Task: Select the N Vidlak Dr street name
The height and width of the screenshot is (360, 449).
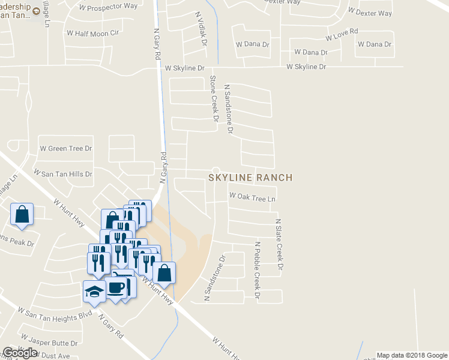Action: pos(201,29)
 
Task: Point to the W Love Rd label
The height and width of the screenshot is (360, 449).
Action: pos(342,34)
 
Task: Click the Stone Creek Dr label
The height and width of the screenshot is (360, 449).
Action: pos(213,98)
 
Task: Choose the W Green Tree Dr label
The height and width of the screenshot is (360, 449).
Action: pos(65,148)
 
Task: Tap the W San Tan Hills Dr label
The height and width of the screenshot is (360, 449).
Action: pos(63,174)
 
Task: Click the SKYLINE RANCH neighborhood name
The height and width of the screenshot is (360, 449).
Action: pos(250,178)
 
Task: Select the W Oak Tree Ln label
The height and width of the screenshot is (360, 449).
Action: pos(252,197)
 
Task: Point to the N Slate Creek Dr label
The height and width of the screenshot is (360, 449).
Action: pos(279,244)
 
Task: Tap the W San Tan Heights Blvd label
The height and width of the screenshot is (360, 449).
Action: pos(55,313)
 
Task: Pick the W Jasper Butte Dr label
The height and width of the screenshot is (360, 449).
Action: pos(49,343)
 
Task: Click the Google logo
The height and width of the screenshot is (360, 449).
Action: pos(20,353)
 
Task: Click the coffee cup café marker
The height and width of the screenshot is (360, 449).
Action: pos(115,287)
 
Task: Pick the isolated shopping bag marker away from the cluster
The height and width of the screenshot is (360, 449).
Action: pos(22,214)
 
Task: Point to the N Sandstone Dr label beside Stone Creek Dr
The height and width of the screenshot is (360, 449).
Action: pos(228,109)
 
